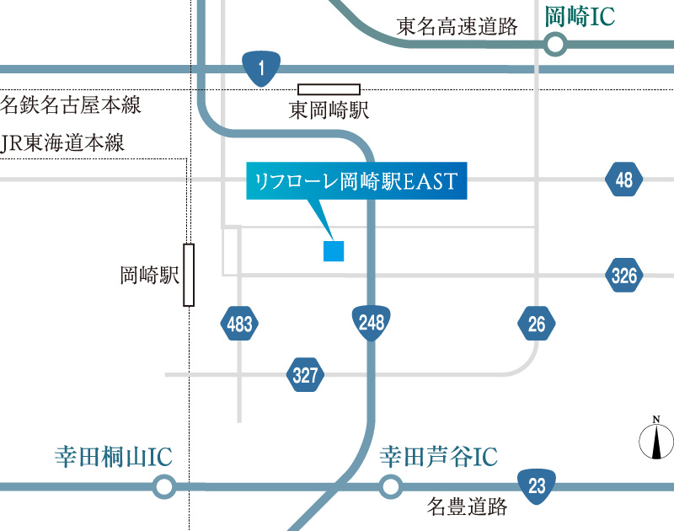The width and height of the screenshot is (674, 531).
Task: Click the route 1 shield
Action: tap(261, 68)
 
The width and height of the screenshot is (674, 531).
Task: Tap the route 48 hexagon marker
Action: tap(623, 179)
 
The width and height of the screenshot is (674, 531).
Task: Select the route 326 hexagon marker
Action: tap(624, 275)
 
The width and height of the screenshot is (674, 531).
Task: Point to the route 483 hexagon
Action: tap(239, 323)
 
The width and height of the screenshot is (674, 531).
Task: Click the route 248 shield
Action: tap(370, 322)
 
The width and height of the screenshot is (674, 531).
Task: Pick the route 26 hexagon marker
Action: tap(538, 323)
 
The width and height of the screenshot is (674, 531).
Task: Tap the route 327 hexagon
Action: tap(305, 374)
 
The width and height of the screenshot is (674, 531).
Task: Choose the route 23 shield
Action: tap(537, 485)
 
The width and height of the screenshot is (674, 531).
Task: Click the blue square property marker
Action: tap(334, 250)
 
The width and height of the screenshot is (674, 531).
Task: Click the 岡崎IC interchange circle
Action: tap(554, 45)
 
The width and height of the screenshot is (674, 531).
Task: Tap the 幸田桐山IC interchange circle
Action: tap(164, 486)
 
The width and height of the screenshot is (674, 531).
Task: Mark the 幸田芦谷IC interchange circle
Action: tap(389, 486)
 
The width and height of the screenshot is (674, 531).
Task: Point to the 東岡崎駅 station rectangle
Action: tap(329, 89)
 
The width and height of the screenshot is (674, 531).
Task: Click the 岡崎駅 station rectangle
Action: tap(189, 275)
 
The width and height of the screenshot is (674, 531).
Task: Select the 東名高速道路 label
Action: tap(457, 26)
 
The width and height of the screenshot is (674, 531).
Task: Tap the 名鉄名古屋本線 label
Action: tap(71, 105)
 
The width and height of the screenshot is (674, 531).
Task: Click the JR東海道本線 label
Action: tap(64, 142)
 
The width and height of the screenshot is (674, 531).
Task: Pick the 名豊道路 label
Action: tap(468, 507)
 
